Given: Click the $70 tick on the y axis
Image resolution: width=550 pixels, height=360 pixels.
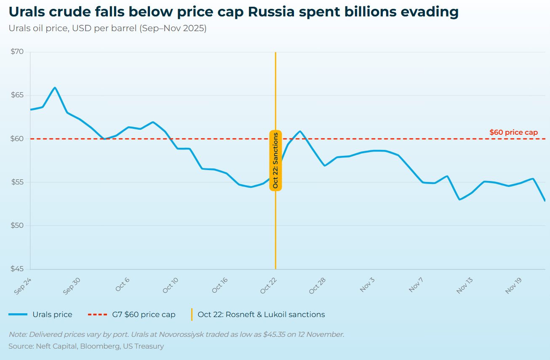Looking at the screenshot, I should click(18, 52).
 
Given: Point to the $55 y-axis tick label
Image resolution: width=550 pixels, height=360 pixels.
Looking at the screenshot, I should click(18, 182).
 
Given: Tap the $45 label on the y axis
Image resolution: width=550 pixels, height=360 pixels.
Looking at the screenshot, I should click(18, 269).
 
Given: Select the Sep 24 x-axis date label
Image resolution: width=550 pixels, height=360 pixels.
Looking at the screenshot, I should click(23, 285).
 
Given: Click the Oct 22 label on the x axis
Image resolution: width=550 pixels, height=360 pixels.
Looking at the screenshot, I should click(268, 285).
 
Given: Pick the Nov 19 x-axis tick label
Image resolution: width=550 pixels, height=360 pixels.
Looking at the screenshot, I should click(514, 285).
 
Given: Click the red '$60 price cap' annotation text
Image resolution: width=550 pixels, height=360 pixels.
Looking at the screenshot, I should click(513, 132).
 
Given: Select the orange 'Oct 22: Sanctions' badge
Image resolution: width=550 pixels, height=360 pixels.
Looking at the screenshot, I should click(275, 160).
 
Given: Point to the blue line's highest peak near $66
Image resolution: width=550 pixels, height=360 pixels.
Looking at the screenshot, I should click(55, 88).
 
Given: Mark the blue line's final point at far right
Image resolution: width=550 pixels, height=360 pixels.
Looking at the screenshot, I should click(545, 200).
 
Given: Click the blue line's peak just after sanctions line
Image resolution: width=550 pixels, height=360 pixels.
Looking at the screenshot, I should click(300, 131).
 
